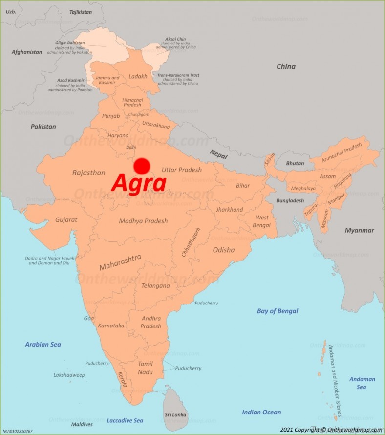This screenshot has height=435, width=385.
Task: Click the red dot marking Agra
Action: (141, 166)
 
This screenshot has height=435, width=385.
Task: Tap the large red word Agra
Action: (139, 183)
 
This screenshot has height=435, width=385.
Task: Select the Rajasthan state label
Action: (88, 173)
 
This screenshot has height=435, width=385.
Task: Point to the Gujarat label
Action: (66, 220)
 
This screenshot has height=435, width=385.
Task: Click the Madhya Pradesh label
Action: (143, 221)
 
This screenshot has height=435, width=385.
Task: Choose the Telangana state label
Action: (155, 286)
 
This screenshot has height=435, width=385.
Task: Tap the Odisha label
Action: (223, 250)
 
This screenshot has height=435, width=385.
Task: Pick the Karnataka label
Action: (111, 326)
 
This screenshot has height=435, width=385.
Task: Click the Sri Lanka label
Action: (175, 414)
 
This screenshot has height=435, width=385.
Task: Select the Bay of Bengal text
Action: (277, 311)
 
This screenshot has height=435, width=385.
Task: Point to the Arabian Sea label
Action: (43, 345)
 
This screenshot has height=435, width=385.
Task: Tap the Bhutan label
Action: (295, 163)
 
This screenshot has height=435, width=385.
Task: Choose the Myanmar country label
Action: (359, 230)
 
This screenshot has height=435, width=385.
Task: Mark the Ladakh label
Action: (138, 77)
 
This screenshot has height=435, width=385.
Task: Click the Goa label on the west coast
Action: (88, 318)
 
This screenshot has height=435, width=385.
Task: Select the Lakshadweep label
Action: (69, 375)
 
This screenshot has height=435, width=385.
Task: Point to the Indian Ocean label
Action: (261, 413)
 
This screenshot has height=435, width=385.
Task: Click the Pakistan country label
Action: (43, 127)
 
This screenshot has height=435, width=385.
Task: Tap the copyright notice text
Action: (331, 430)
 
